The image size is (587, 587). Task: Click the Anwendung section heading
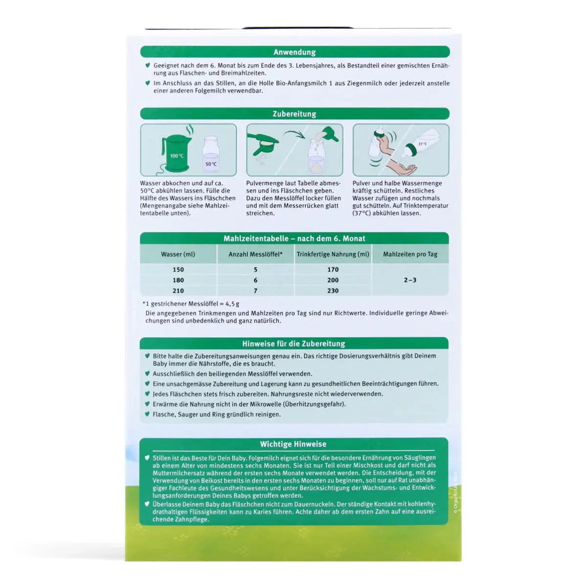point(294,52)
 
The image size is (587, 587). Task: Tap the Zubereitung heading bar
point(294,114)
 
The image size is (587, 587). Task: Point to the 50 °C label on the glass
point(211,164)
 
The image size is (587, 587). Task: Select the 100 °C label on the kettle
point(177,156)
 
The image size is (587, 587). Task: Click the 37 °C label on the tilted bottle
point(423,144)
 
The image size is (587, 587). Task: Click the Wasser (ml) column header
point(178,254)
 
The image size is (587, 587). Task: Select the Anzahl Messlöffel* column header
point(255,254)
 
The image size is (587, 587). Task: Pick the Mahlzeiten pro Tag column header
point(410,254)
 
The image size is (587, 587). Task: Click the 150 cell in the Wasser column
point(178,270)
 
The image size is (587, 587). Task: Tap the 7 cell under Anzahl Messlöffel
point(255,291)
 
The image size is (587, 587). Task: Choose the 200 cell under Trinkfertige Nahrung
point(333,280)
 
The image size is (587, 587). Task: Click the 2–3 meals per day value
point(410,280)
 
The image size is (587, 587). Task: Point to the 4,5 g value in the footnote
point(232,304)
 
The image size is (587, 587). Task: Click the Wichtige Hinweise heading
point(293,444)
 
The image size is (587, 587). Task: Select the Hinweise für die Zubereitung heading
point(293,344)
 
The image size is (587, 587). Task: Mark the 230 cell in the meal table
point(333,291)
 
